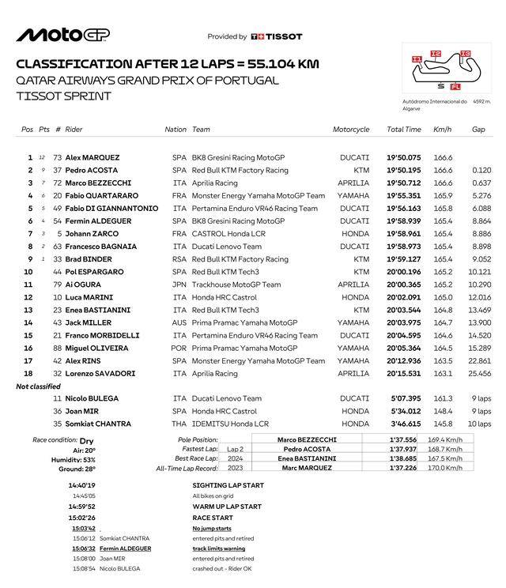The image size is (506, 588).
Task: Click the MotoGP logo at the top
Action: point(62,35)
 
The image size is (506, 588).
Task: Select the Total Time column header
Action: point(403,130)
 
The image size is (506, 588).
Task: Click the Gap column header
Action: point(478,130)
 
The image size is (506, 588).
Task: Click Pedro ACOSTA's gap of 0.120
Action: point(481,170)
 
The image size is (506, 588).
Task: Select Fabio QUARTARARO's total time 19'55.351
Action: point(403,195)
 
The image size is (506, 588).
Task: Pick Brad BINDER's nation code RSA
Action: point(179,259)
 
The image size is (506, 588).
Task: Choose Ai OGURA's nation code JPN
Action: point(179,285)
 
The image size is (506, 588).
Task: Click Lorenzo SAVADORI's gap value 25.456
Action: point(479,373)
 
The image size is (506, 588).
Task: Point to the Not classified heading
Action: point(39,386)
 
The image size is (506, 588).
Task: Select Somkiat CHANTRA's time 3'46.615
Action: point(403,424)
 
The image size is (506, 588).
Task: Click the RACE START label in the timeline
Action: point(216,518)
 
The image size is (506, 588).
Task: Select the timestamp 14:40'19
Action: point(81,485)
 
